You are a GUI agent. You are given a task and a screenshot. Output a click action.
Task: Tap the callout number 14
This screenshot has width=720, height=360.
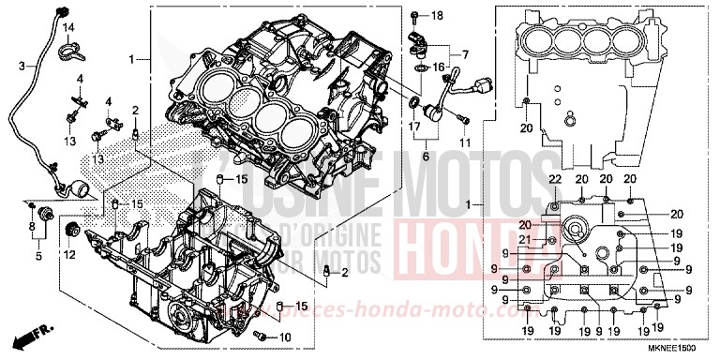[68, 27]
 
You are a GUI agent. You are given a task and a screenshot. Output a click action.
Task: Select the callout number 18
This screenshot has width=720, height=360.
[437, 17]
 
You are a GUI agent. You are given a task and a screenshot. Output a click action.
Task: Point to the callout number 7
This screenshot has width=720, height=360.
[464, 54]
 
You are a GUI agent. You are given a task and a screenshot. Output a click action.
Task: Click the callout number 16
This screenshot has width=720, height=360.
[439, 67]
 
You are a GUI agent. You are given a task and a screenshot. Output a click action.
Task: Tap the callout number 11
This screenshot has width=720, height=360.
[463, 142]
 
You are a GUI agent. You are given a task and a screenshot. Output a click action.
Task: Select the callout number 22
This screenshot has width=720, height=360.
[554, 179]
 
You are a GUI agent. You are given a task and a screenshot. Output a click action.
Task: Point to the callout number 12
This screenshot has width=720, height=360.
[69, 254]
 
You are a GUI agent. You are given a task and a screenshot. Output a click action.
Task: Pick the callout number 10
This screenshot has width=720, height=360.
[286, 337]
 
